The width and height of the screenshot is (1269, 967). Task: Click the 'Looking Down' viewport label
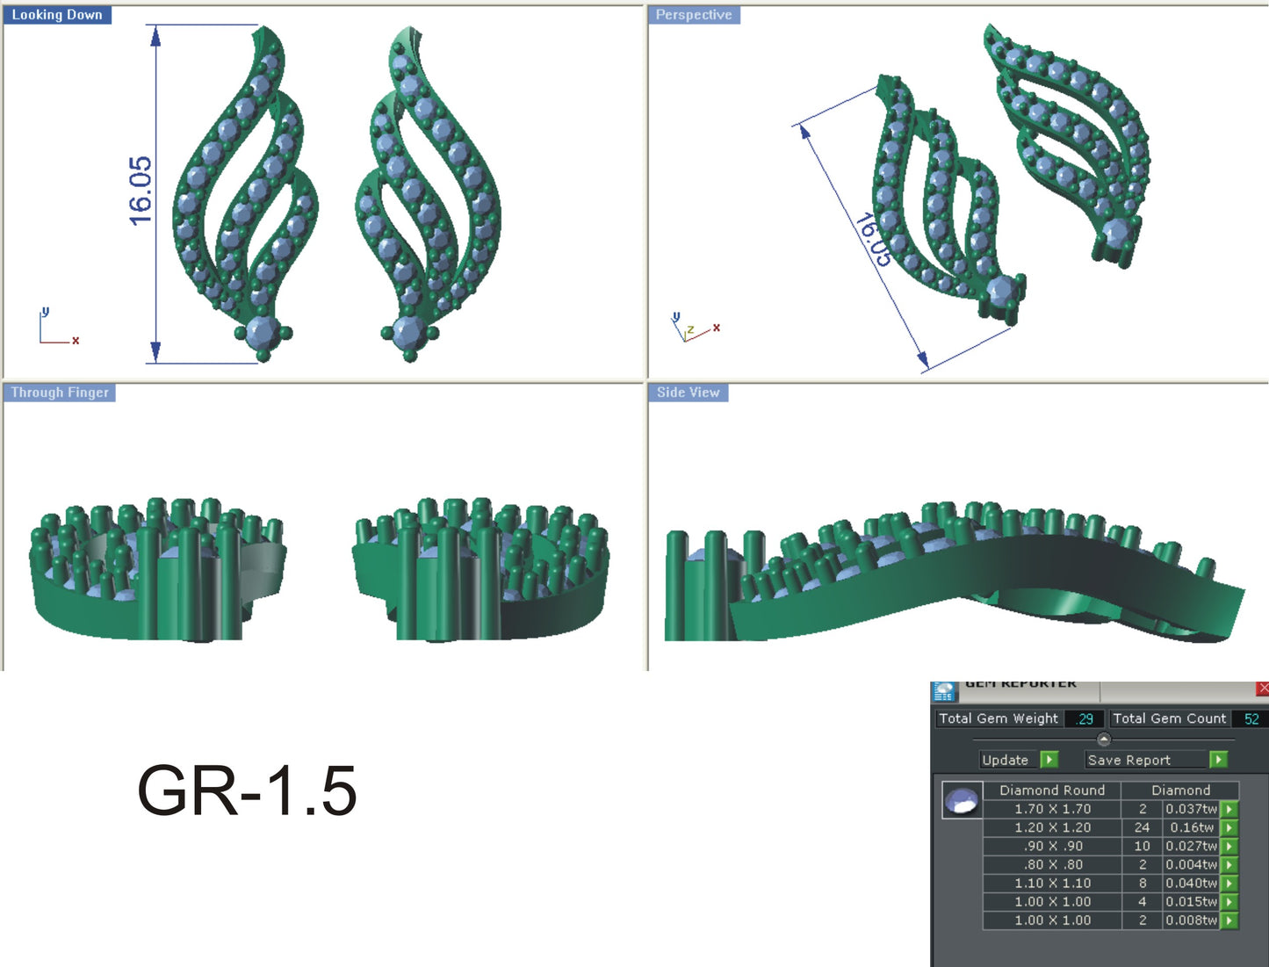click(x=57, y=15)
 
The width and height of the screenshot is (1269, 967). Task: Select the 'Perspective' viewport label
click(x=693, y=15)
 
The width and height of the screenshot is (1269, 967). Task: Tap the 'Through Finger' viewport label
click(x=60, y=393)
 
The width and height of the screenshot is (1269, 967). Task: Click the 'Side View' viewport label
click(x=688, y=393)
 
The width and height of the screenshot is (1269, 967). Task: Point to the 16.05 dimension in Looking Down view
click(x=141, y=191)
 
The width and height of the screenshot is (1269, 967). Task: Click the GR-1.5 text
click(x=247, y=791)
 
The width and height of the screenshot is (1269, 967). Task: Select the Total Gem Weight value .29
click(x=1085, y=718)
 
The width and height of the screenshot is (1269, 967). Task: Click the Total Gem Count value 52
click(x=1251, y=718)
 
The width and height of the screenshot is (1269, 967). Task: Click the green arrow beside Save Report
click(x=1218, y=760)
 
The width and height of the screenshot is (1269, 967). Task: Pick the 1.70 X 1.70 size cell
click(x=1052, y=809)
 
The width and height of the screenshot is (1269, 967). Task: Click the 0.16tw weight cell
click(x=1191, y=827)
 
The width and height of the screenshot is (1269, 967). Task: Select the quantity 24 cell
click(x=1142, y=827)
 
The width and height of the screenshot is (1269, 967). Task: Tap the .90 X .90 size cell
click(x=1052, y=846)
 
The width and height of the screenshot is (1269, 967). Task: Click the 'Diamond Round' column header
click(x=1052, y=790)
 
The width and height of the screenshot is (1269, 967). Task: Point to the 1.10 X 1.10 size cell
click(x=1052, y=883)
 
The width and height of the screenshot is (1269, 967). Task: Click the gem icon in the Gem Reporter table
click(x=962, y=800)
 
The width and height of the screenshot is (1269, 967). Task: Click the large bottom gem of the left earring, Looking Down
click(x=262, y=333)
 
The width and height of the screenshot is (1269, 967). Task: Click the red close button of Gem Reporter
click(x=1262, y=689)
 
